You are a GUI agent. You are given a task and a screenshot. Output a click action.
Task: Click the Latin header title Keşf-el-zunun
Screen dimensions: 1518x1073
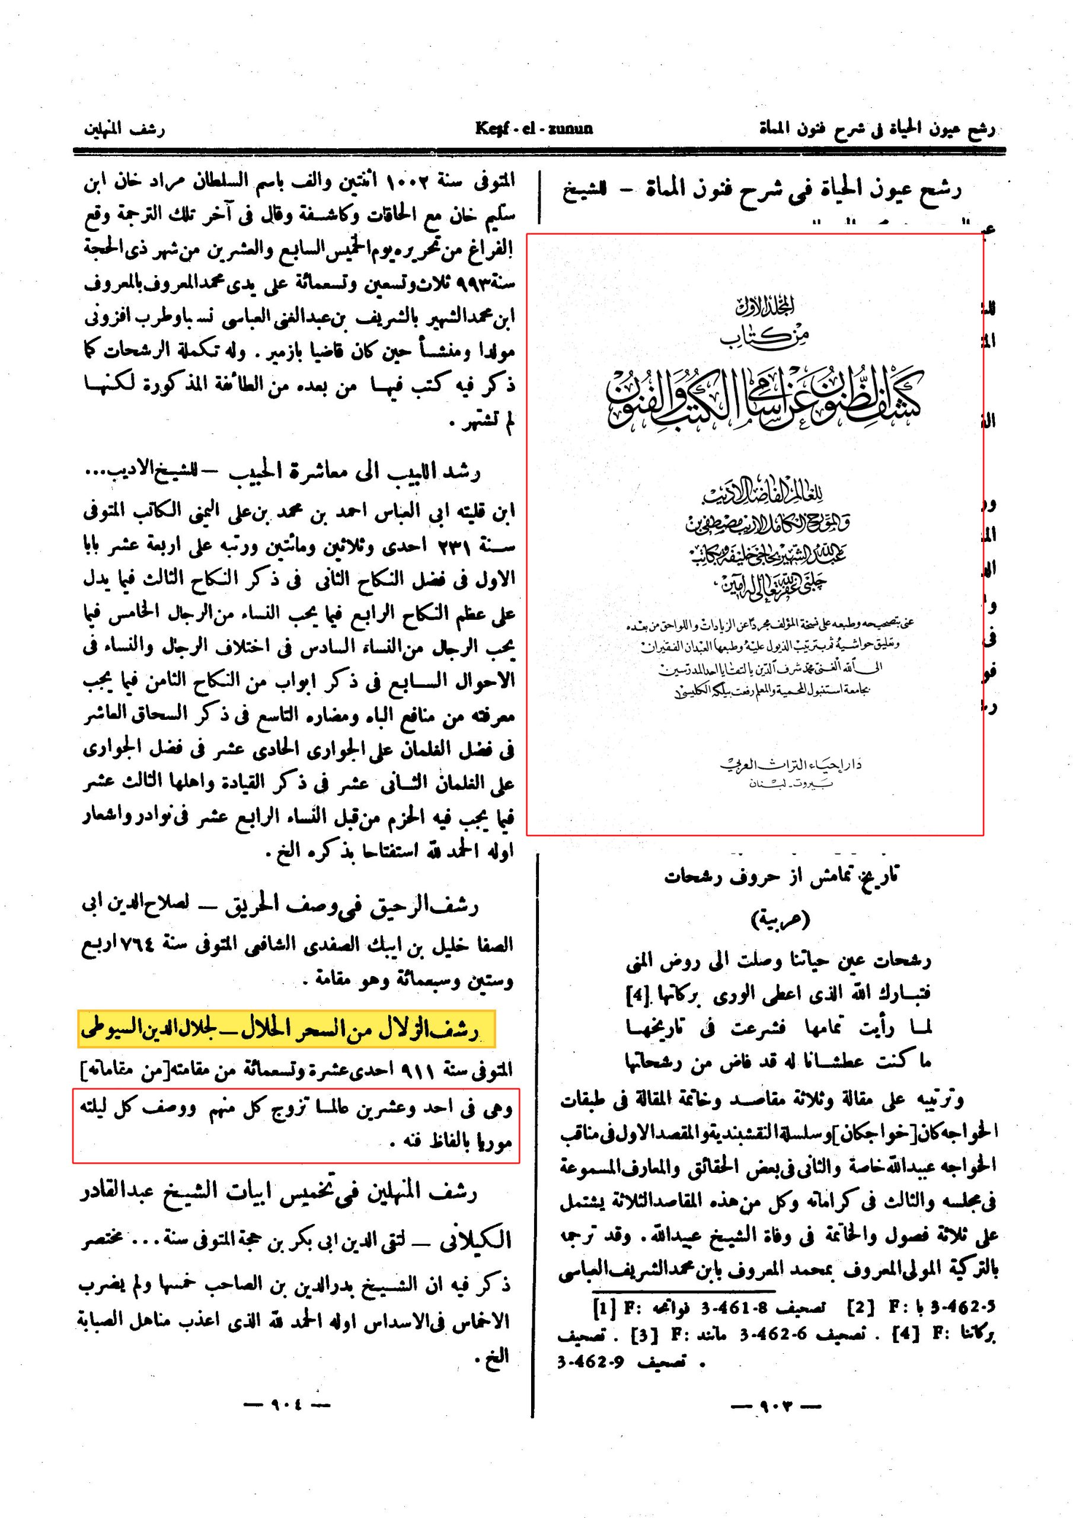pyautogui.click(x=534, y=127)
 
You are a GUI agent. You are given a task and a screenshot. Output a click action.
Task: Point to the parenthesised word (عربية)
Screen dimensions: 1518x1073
pyautogui.click(x=780, y=920)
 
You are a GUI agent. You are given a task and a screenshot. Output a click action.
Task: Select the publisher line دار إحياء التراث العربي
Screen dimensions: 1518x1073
pyautogui.click(x=790, y=765)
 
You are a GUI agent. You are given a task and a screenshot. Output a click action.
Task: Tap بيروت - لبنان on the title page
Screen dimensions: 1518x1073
pyautogui.click(x=790, y=784)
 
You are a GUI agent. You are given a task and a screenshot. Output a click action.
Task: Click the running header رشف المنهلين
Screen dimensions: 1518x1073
pyautogui.click(x=124, y=128)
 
